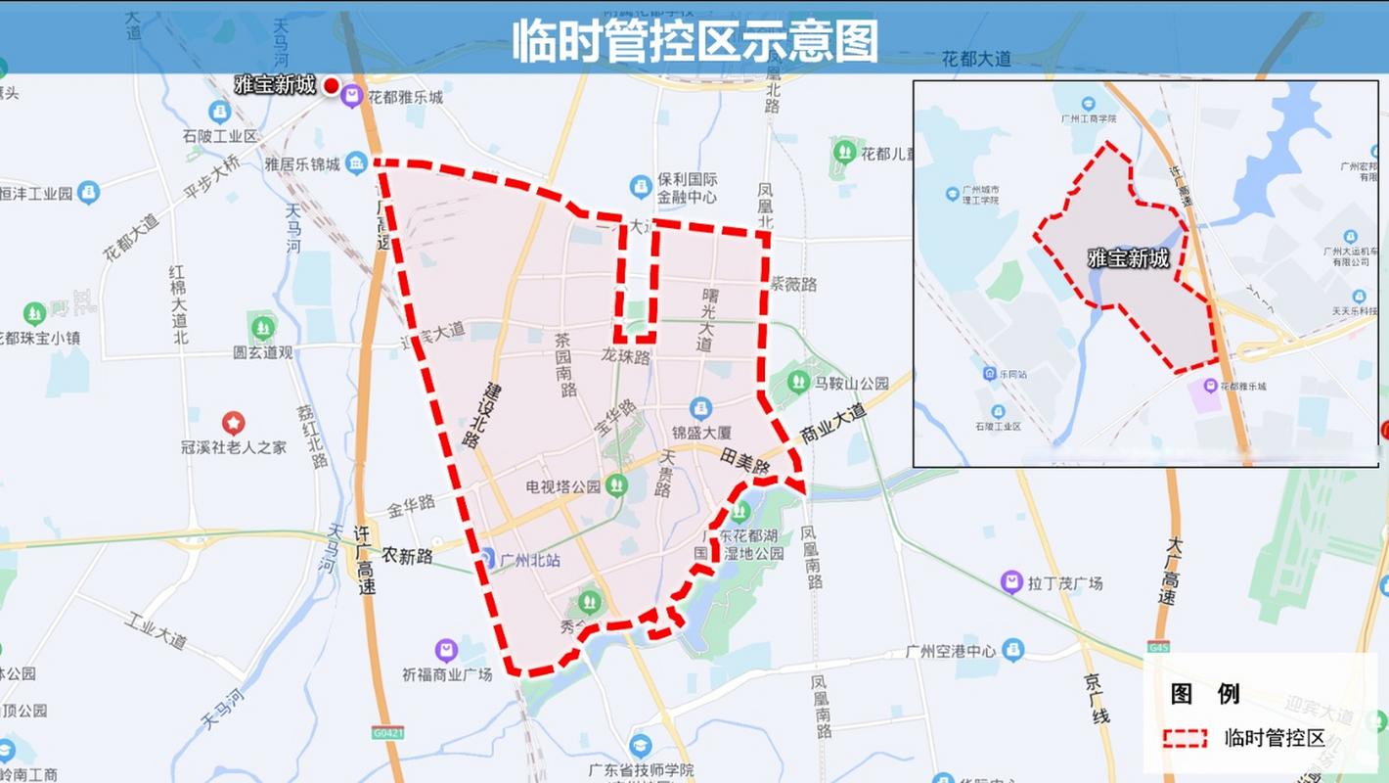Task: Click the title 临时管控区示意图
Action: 694,40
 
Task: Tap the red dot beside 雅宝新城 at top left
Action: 332,85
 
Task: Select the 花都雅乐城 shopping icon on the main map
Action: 350,96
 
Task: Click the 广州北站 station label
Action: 529,560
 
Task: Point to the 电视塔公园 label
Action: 562,486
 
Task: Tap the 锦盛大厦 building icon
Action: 699,407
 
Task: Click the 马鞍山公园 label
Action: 851,383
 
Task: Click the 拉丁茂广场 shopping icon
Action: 1011,582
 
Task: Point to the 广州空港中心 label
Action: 950,651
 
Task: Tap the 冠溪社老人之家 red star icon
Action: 233,423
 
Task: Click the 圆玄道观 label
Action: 262,352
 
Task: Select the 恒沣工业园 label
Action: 37,192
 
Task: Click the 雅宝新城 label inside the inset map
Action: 1128,259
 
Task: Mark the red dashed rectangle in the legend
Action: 1185,738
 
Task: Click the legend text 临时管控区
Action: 1275,738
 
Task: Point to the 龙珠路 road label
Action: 626,356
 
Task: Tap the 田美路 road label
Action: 744,458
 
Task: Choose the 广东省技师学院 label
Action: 637,770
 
